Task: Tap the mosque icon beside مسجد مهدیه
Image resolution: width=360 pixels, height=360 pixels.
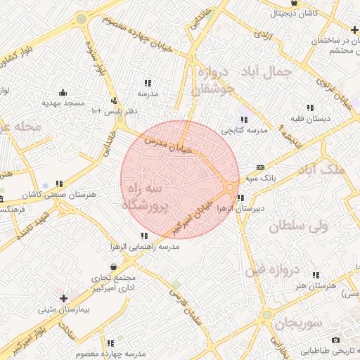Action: click(63, 92)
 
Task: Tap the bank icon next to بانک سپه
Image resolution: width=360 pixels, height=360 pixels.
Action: click(261, 167)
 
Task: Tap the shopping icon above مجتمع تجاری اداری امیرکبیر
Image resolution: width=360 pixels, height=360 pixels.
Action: click(112, 267)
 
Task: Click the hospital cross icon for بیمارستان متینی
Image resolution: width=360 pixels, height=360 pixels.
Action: click(63, 289)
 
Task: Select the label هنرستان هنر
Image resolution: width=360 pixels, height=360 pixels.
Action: click(317, 285)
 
